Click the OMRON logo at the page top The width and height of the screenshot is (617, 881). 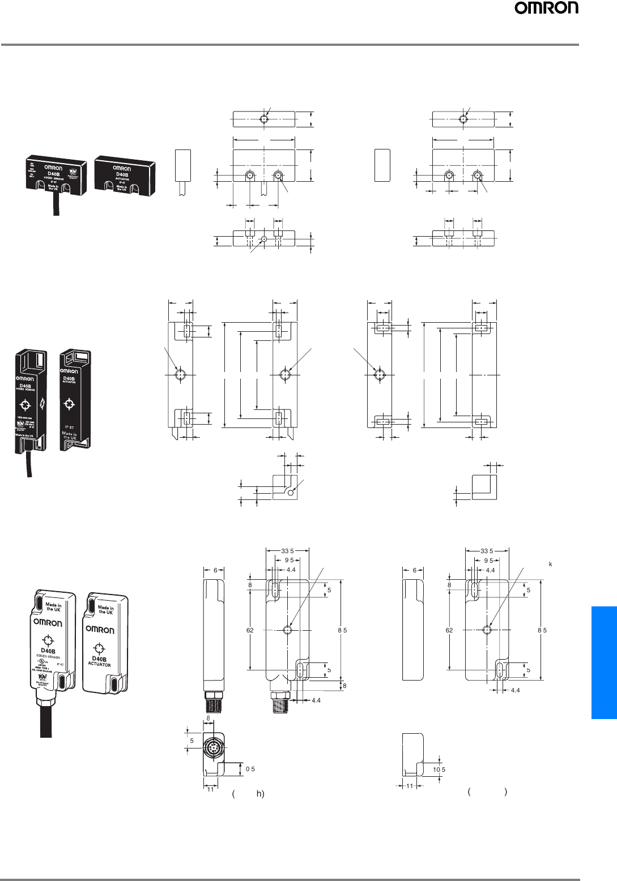pyautogui.click(x=546, y=23)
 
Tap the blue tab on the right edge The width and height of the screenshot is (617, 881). pyautogui.click(x=604, y=662)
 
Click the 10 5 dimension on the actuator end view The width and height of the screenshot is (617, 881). pyautogui.click(x=439, y=769)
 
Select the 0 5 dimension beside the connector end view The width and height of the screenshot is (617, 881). pyautogui.click(x=250, y=769)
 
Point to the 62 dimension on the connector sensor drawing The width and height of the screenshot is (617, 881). pyautogui.click(x=250, y=630)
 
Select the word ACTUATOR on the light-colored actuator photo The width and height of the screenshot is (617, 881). pyautogui.click(x=100, y=664)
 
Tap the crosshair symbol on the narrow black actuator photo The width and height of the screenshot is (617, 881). pyautogui.click(x=69, y=404)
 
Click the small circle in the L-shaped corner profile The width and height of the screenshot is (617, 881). pyautogui.click(x=291, y=493)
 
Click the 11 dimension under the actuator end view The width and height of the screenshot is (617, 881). pyautogui.click(x=410, y=786)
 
